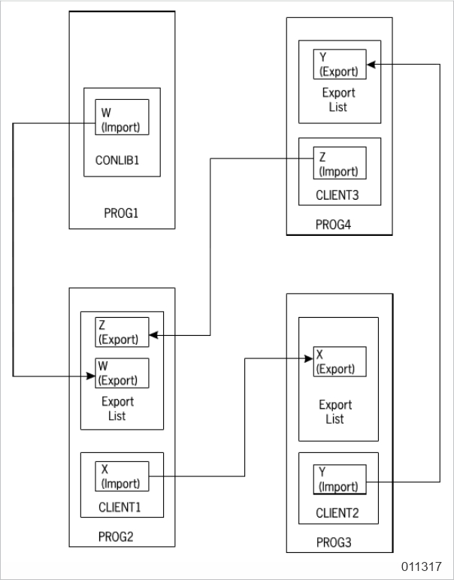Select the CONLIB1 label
tap(122, 159)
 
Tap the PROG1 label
tap(122, 213)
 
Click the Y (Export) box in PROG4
tap(339, 65)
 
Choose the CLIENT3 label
tap(339, 196)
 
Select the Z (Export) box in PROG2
tap(122, 331)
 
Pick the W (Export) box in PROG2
tap(122, 373)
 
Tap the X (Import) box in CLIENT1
tap(122, 476)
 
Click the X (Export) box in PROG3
tap(339, 361)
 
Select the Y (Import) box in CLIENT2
tap(339, 479)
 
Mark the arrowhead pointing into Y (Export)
tap(371, 65)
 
